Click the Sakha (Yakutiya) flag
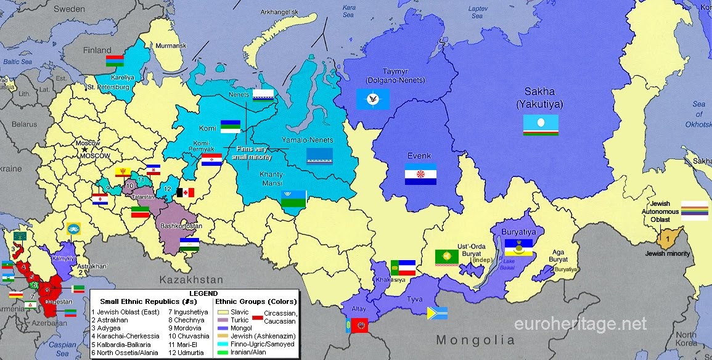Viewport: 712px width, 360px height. pos(541,125)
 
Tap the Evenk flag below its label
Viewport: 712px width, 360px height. pos(420,174)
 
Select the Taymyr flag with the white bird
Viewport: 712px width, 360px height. pos(373,99)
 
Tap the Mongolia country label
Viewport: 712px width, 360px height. pos(475,340)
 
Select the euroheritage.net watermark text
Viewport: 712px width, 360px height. pos(581,323)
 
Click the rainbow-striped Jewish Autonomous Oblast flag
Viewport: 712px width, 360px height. pos(694,210)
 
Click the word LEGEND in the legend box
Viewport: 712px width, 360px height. pos(203,293)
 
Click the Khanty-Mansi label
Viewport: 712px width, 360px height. pos(271,179)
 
